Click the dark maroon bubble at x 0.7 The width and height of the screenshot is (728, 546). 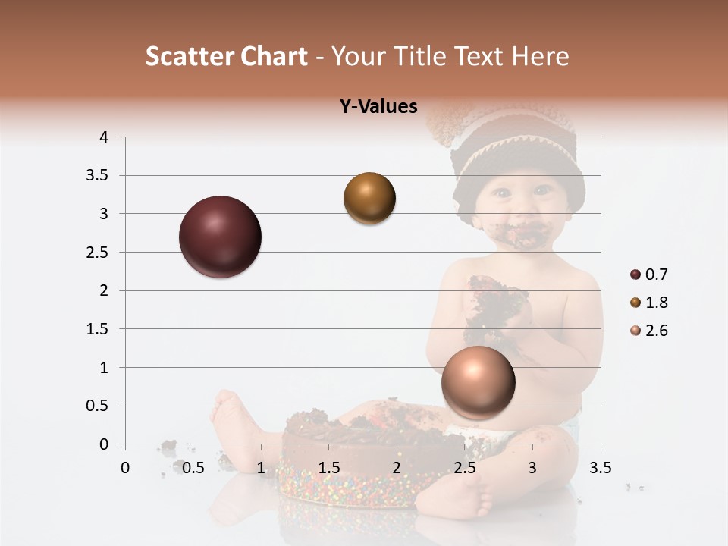tap(220, 237)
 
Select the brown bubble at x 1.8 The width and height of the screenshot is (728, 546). tap(369, 199)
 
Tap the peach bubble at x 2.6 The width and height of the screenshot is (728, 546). tap(478, 382)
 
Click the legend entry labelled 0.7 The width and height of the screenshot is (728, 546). tap(648, 275)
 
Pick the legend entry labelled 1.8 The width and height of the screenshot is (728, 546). tap(648, 303)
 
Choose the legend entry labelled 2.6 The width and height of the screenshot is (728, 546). tap(648, 331)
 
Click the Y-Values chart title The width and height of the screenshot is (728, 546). tap(378, 107)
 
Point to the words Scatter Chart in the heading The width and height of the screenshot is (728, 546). tap(226, 56)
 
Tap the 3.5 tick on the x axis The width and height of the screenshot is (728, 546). tap(600, 468)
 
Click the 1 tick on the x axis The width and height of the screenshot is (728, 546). tap(261, 468)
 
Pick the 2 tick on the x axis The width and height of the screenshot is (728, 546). tap(397, 468)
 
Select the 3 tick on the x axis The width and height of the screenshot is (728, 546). tap(532, 468)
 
